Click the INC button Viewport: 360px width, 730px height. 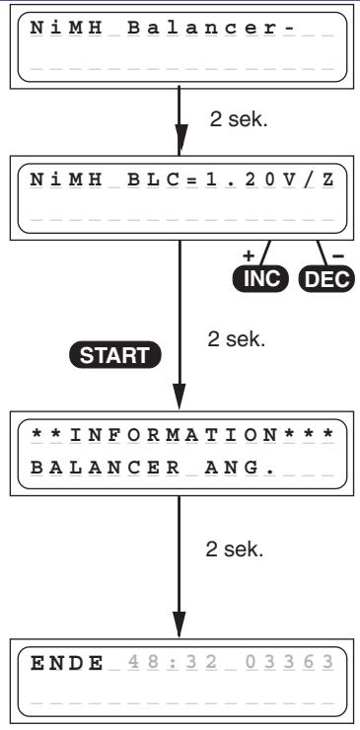(x=260, y=279)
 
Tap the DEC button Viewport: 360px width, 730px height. (x=326, y=279)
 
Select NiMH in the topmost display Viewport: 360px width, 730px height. (x=66, y=28)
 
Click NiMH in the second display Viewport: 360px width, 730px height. (x=66, y=180)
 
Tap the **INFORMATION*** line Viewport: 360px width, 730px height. (x=182, y=435)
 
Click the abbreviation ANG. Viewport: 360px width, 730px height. (x=239, y=468)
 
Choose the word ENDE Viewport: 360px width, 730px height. (x=67, y=663)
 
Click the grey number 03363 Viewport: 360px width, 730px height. (x=289, y=663)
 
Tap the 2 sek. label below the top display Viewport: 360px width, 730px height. (x=239, y=120)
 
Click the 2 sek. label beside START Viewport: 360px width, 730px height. (x=236, y=339)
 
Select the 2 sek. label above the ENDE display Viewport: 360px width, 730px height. (x=235, y=549)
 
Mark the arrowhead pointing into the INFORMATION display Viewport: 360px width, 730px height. (x=180, y=396)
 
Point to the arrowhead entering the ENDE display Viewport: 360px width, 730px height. (x=180, y=622)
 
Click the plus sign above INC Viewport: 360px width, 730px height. (x=250, y=255)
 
